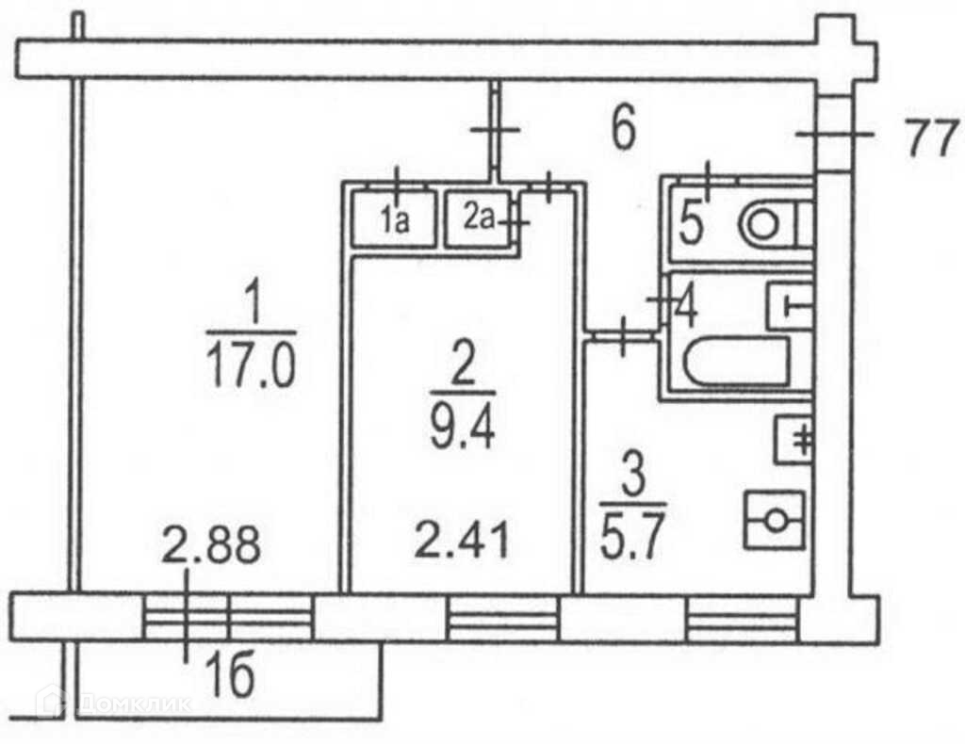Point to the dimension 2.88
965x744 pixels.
click(211, 547)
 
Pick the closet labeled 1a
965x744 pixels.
click(393, 220)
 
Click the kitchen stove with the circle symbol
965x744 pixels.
click(776, 520)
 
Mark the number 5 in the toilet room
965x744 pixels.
click(691, 226)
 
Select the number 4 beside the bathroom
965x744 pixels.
click(685, 307)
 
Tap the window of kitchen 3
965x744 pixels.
click(742, 618)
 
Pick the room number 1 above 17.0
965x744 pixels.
click(252, 305)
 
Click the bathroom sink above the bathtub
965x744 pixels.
click(790, 305)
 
